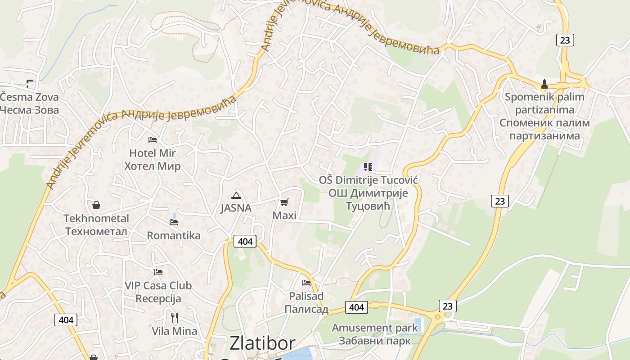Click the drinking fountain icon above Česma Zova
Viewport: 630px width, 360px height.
point(30,83)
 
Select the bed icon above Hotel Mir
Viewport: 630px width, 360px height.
point(153,140)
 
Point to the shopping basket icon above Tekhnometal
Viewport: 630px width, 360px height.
point(96,206)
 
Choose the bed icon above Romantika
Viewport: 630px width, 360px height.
point(174,222)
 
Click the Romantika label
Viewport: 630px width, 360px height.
point(174,235)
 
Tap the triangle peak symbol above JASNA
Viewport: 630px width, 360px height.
point(236,195)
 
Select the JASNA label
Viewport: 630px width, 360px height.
point(236,208)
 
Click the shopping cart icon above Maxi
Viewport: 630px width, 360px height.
point(284,202)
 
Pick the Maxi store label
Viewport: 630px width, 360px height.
point(284,216)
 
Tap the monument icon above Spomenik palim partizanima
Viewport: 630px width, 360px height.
point(544,84)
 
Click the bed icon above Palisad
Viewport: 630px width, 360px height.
point(306,283)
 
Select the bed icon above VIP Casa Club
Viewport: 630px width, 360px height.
point(158,272)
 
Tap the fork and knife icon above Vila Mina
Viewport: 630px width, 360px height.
point(175,318)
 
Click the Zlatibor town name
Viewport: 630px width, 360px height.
point(262,343)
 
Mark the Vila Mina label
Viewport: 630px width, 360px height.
point(175,331)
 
